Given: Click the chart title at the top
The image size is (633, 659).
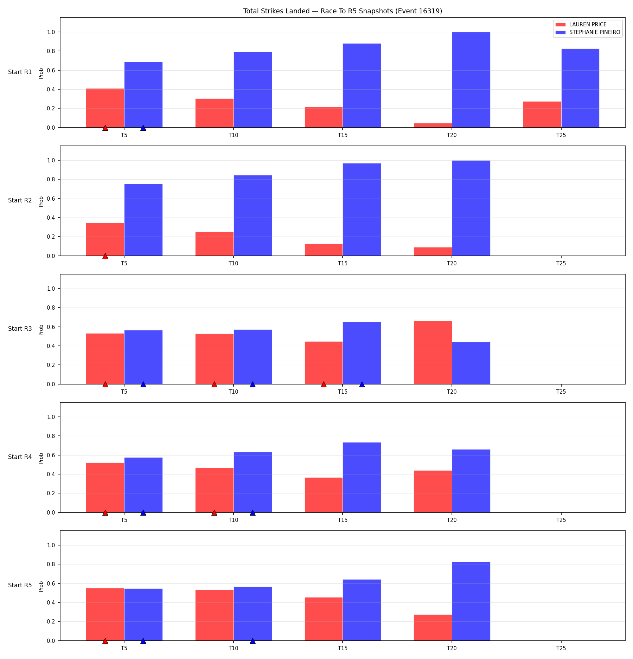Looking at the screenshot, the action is point(343,11).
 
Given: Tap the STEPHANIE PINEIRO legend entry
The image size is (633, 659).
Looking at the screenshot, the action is point(588,32).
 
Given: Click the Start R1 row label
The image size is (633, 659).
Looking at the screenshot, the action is point(20,72).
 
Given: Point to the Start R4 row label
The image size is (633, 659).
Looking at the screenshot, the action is point(20,457).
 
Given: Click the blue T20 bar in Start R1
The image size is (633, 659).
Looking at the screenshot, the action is point(471,80).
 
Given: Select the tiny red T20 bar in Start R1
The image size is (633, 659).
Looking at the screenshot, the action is point(433,125).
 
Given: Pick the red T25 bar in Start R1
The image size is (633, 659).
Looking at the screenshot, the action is point(542,115).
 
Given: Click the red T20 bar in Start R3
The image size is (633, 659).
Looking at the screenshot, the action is point(433,353).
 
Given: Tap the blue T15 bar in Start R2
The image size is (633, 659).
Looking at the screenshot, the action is point(362,209).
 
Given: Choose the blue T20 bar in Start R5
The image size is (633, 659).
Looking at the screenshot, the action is point(471,601).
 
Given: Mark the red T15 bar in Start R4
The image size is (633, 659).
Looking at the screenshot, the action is point(324,495).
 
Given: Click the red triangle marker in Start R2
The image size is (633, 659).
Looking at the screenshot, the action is point(105,256).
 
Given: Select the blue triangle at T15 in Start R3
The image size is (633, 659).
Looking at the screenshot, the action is point(362,384).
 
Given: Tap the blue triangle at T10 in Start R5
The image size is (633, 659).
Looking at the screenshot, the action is point(252,641).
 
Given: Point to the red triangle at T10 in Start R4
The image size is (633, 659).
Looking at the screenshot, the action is point(214,512).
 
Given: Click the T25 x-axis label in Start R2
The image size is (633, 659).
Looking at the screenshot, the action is point(561,264).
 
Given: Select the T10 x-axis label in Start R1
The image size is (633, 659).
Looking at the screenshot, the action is point(233,135).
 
